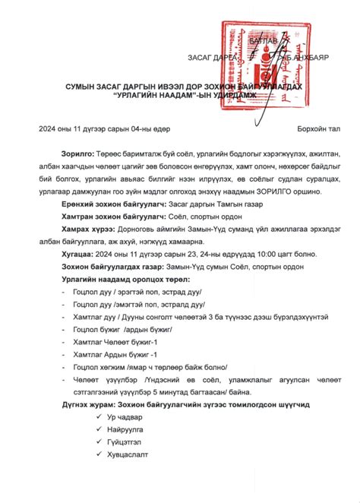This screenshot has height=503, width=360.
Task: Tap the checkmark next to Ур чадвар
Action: point(90,418)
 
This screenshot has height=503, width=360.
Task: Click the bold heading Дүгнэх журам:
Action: point(91,405)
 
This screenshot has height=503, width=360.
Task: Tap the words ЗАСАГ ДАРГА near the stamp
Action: point(212,57)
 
